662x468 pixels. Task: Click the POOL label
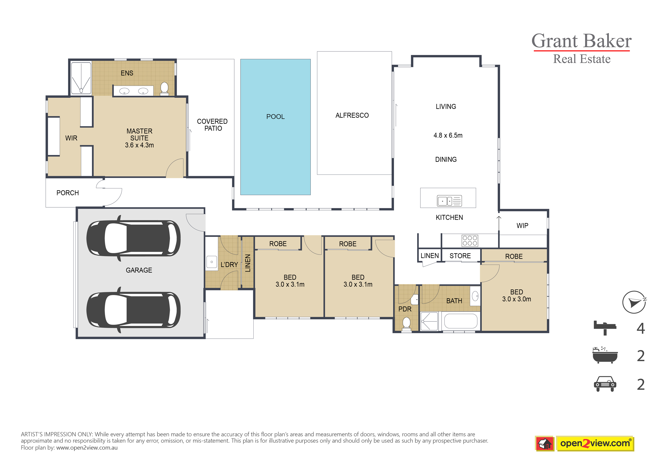coord(275,117)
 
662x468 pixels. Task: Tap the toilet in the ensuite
coord(164,88)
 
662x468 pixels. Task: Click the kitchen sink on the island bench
coord(449,201)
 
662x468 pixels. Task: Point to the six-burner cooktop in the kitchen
coord(470,241)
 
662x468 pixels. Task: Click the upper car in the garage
coord(134,238)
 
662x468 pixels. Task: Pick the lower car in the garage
coord(134,310)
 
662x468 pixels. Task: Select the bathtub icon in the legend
coord(605,355)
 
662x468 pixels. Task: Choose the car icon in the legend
coord(605,384)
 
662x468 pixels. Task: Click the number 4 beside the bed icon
coord(641,328)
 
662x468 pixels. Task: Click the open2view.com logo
coord(584,443)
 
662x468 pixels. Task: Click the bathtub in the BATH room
coord(461,321)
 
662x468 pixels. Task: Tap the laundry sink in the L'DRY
coord(212,262)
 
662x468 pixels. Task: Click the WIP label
coord(522,226)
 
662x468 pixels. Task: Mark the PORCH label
coord(67,193)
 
